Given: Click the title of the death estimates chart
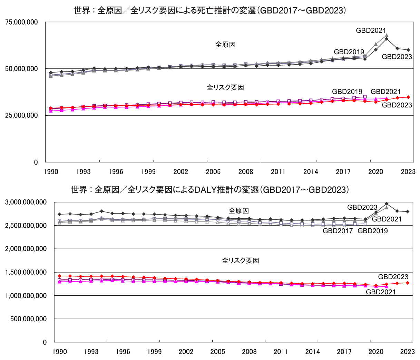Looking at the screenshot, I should (x=210, y=10).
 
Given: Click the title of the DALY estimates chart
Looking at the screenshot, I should (x=210, y=189).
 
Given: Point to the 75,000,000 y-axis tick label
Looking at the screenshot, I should (x=21, y=22).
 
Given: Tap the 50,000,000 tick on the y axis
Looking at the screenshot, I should (x=21, y=69).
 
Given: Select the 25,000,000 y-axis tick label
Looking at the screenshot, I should (x=21, y=115).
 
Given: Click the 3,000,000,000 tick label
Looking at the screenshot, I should (x=26, y=202).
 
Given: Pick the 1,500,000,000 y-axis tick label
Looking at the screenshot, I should (x=26, y=272).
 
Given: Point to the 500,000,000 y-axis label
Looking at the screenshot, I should (x=28, y=319).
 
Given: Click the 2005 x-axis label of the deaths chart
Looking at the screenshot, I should (x=213, y=172).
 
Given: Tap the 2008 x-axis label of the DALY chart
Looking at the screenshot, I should (x=249, y=352).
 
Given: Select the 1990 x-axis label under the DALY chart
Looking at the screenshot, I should (x=59, y=352).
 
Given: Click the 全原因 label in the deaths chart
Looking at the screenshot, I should (x=225, y=45).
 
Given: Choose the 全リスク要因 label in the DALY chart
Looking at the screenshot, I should (x=240, y=260).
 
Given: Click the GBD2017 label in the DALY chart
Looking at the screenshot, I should (x=338, y=231).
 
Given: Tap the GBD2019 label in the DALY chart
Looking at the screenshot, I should (x=372, y=231).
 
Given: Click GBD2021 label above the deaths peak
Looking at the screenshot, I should (x=371, y=30).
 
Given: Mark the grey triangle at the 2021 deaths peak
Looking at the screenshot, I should (x=387, y=35).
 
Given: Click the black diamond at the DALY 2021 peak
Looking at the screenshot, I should (x=387, y=204).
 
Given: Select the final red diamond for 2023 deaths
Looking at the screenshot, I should (x=408, y=97).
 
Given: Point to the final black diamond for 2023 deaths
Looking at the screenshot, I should (x=408, y=50).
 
